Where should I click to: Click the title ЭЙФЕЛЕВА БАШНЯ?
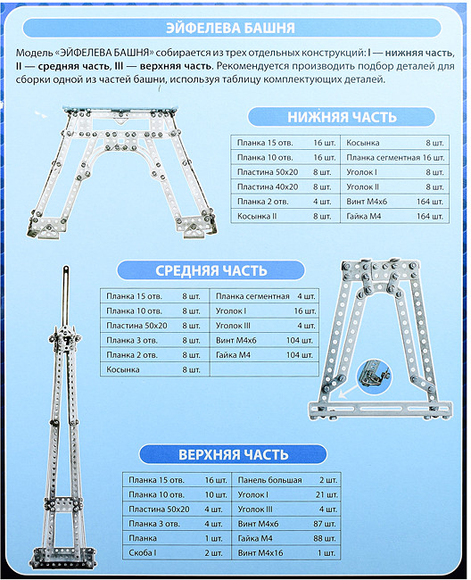click(230, 29)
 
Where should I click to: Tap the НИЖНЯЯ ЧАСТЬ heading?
click(342, 117)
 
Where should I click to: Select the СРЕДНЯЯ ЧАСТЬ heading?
click(211, 270)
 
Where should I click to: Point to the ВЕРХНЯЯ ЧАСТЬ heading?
click(234, 454)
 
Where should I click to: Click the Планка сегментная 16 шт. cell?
click(395, 158)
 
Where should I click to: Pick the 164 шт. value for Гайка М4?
click(430, 217)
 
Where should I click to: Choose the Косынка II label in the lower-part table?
click(257, 217)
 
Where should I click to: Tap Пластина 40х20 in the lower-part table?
click(268, 186)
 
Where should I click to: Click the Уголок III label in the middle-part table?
click(233, 326)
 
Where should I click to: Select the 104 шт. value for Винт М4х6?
click(300, 340)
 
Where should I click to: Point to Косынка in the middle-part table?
click(123, 369)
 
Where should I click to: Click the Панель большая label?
click(270, 480)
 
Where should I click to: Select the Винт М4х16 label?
click(260, 553)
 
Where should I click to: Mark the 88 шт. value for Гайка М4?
click(325, 539)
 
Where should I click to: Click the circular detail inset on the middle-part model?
click(375, 376)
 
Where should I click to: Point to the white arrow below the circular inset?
click(348, 392)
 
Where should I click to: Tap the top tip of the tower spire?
click(66, 267)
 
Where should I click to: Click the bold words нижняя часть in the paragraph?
click(419, 53)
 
